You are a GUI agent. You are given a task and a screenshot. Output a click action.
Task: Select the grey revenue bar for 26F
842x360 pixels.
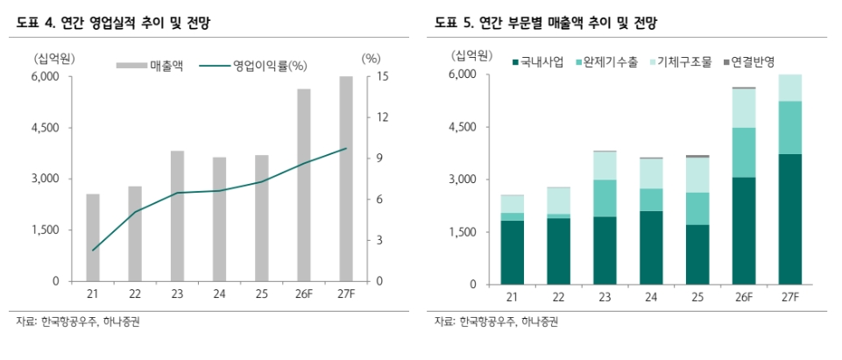click(304, 185)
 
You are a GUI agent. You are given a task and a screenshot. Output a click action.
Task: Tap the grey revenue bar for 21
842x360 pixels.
click(92, 237)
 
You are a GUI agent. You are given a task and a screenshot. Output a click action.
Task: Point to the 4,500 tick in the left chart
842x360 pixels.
click(43, 128)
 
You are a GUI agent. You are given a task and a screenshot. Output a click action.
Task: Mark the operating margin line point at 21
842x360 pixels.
click(92, 250)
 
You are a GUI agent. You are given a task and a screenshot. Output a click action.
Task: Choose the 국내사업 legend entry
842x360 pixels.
click(539, 62)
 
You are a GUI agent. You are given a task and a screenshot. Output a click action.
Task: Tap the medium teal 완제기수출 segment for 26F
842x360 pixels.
click(745, 152)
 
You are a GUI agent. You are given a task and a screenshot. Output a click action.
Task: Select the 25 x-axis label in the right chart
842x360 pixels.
click(697, 299)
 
